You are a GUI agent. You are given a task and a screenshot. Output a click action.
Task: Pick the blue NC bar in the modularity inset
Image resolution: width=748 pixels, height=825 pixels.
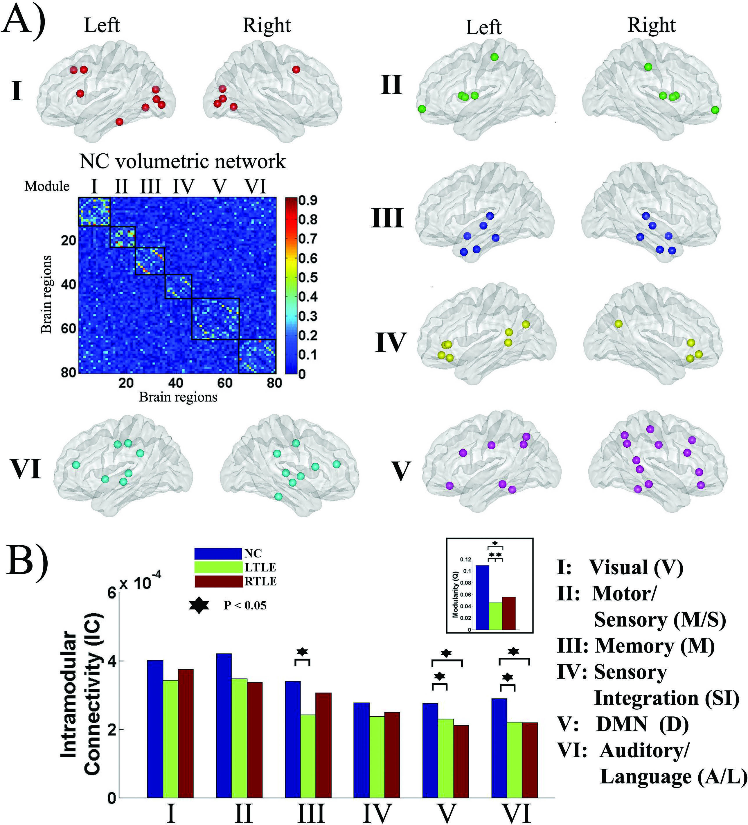483,597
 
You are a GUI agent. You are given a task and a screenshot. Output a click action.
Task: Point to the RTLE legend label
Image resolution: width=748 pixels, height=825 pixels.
260,581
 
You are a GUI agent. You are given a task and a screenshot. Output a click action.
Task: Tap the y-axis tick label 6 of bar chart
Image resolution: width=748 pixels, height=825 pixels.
111,593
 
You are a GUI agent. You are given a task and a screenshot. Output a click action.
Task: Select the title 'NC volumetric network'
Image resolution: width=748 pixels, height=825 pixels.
182,161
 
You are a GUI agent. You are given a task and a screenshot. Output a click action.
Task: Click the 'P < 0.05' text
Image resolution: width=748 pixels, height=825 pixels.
244,605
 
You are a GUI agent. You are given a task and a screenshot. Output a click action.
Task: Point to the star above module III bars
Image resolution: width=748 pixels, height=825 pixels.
302,652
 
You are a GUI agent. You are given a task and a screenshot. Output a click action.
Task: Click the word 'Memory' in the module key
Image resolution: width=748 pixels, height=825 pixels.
634,646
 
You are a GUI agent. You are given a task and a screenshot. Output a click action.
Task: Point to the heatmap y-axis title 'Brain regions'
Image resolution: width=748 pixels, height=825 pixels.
46,294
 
